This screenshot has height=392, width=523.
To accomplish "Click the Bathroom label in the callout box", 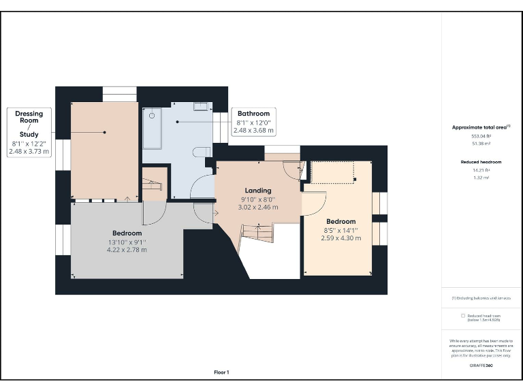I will (x=253, y=114).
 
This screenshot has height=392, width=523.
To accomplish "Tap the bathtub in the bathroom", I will (x=152, y=128).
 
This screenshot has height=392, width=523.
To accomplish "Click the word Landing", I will (x=258, y=191).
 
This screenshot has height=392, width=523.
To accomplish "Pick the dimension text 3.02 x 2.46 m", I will (x=258, y=207).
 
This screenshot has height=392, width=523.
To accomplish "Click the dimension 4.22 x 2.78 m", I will (x=127, y=250).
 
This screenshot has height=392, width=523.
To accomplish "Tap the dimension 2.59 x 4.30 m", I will (x=340, y=238).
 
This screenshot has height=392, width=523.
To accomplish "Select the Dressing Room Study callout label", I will (x=29, y=124).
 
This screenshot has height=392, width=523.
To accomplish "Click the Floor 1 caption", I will (x=221, y=372).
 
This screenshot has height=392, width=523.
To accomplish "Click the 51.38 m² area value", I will (x=481, y=144).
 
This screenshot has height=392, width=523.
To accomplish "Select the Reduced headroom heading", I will (x=481, y=161).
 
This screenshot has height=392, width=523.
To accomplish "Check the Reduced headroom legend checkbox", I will (x=463, y=316).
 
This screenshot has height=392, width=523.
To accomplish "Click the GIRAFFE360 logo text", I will (x=481, y=366).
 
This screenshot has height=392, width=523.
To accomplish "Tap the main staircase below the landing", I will (x=257, y=235).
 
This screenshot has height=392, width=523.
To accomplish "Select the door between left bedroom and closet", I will (x=151, y=212).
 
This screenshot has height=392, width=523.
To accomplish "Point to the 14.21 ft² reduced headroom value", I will (x=481, y=170).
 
